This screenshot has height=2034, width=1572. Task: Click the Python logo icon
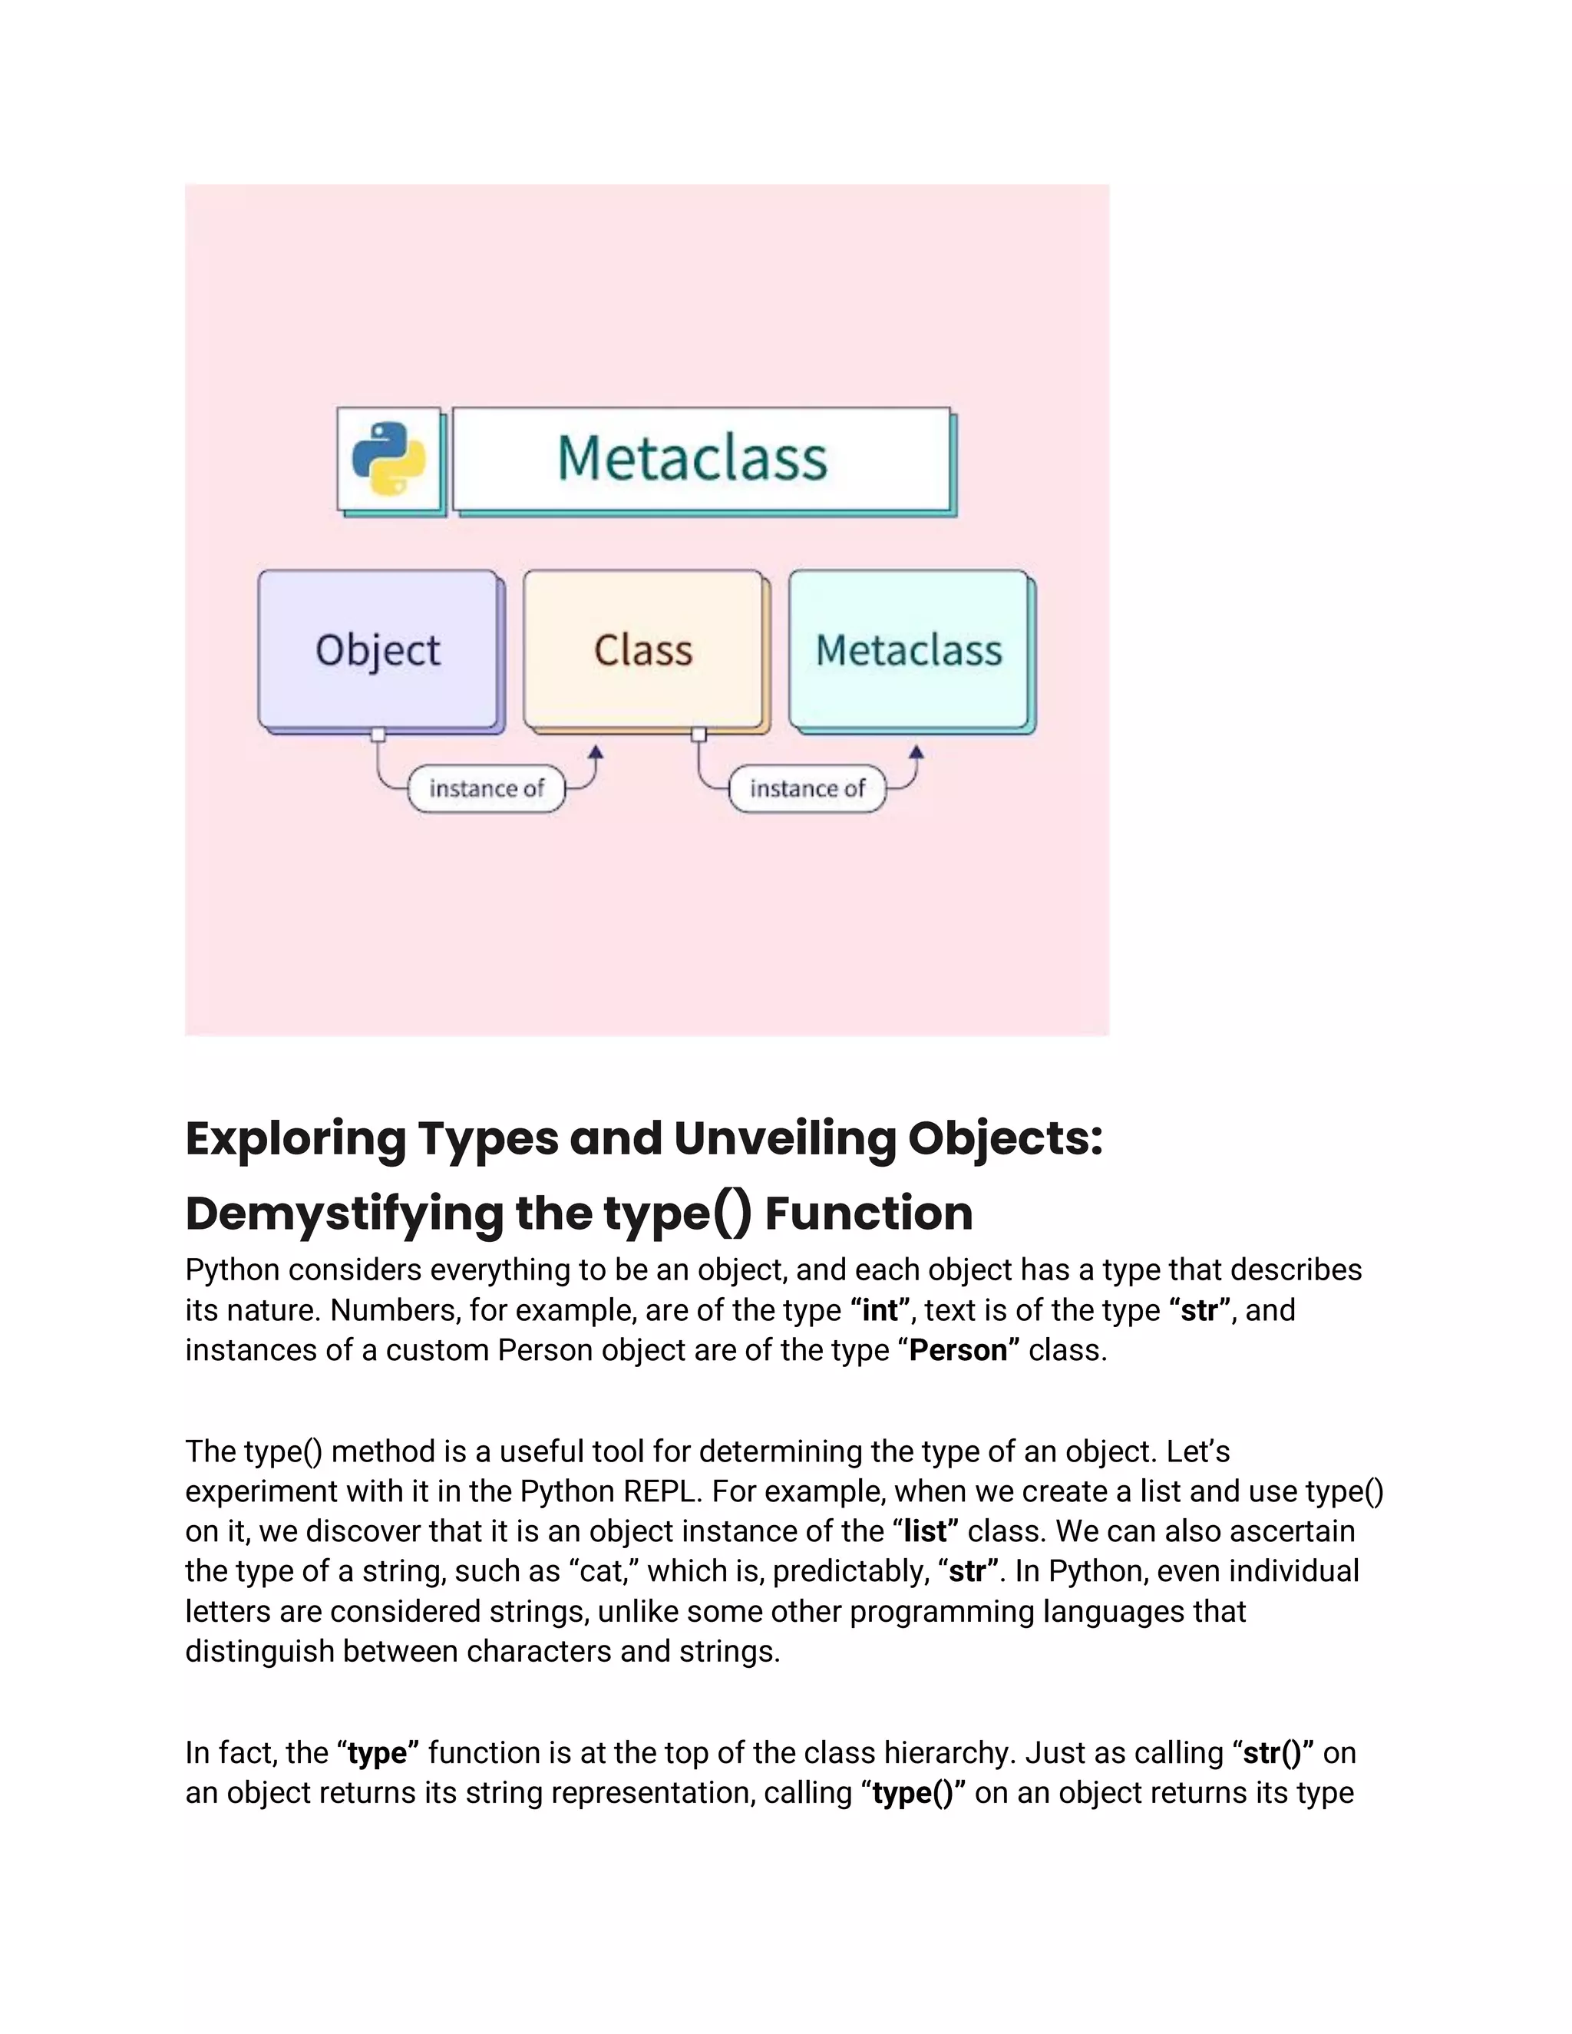388,459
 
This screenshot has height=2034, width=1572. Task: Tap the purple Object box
378,649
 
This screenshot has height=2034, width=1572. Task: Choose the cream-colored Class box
642,649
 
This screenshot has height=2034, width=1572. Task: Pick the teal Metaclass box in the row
909,649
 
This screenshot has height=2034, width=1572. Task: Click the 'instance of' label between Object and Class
486,789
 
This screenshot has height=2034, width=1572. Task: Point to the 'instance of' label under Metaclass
807,789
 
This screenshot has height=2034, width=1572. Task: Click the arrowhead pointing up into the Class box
596,752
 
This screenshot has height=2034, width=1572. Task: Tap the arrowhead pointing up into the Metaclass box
916,752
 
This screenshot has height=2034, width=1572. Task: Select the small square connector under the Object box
378,735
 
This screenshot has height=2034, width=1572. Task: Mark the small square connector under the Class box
698,735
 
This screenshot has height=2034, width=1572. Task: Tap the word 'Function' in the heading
868,1213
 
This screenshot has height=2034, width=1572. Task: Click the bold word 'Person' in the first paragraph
958,1350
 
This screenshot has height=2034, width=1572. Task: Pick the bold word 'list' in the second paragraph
925,1531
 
